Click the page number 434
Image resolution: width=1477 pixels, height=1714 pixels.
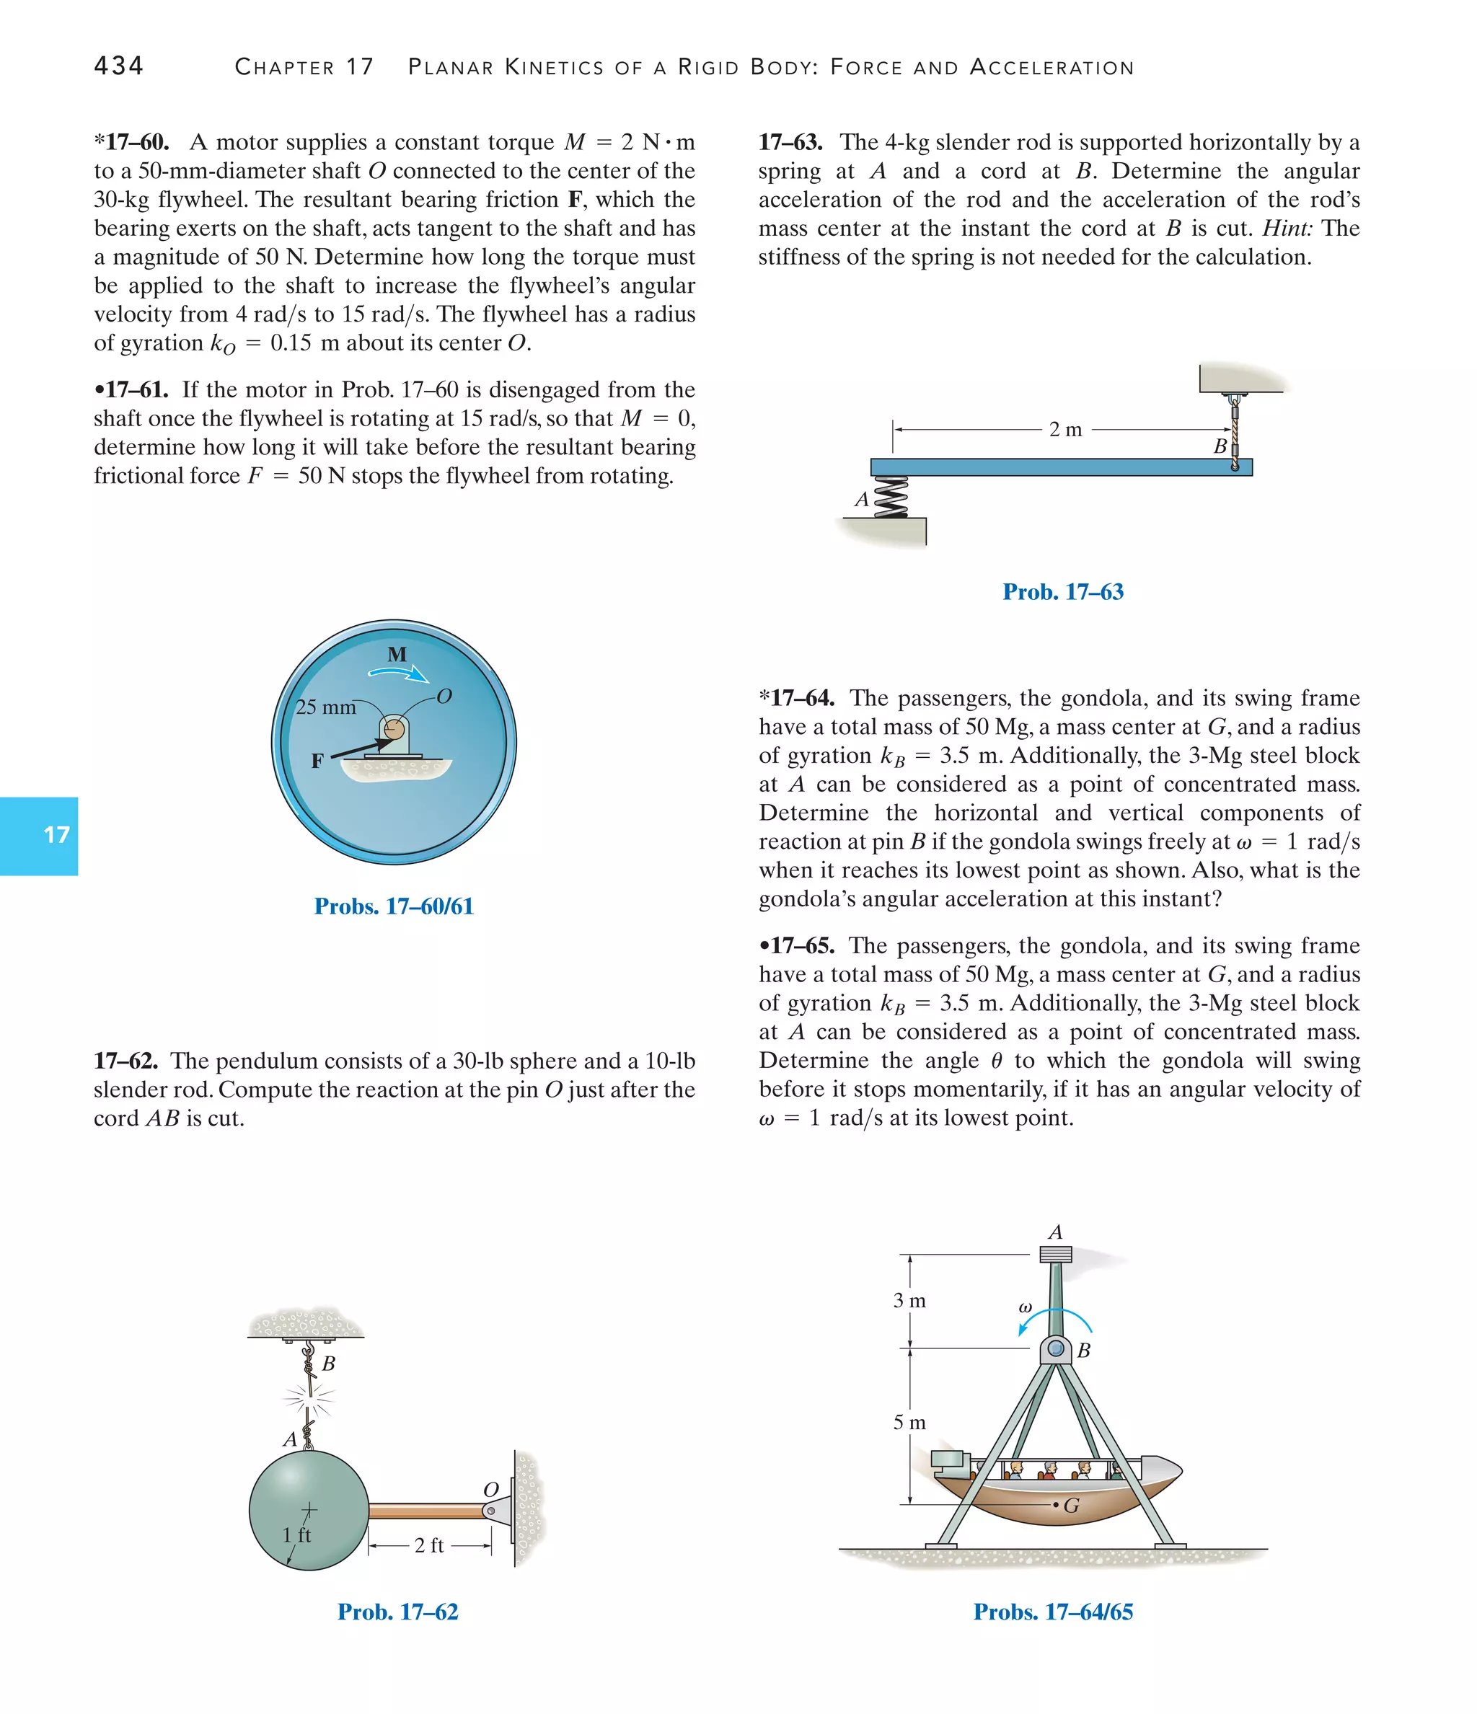pos(118,66)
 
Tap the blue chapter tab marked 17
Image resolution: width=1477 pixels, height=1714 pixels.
pos(39,836)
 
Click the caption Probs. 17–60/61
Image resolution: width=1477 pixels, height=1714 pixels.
pos(394,906)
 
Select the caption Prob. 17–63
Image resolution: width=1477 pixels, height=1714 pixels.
pos(1062,591)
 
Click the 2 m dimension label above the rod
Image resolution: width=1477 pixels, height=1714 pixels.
pos(1066,429)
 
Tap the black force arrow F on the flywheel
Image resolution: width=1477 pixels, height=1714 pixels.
pos(361,747)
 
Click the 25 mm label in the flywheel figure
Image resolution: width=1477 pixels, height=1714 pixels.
pos(325,707)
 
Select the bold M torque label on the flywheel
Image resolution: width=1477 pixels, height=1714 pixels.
pos(397,654)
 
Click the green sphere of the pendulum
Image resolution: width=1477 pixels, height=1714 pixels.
pos(308,1511)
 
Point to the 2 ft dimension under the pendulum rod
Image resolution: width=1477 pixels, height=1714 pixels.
pos(428,1545)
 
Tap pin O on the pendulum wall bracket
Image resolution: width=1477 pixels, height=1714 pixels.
pos(490,1511)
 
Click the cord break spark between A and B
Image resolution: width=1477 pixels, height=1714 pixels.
pos(309,1399)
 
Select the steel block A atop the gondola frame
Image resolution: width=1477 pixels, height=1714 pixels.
pos(1056,1254)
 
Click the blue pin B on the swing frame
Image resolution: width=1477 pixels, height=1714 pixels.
pos(1056,1349)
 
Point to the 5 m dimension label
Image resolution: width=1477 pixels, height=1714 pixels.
pos(909,1423)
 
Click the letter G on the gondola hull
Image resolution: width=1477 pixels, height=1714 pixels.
pos(1072,1506)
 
